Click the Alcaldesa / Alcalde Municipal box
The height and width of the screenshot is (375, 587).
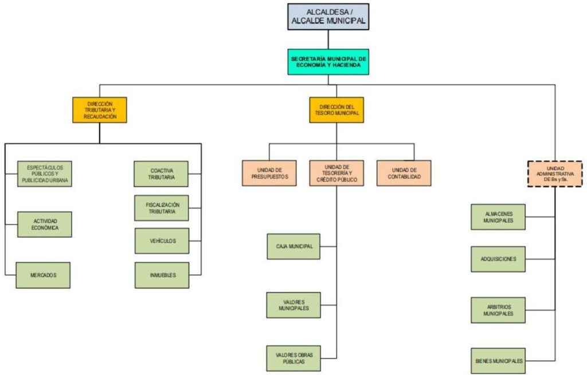point(328,17)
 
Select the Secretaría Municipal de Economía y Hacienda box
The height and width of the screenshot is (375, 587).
point(328,62)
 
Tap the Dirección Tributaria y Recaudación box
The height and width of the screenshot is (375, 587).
point(100,110)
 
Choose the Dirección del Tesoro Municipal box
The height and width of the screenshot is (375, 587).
point(336,110)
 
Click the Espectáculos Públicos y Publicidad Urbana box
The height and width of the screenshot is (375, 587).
point(45,174)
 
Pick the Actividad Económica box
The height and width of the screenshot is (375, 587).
point(45,224)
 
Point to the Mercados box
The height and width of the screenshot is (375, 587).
point(43,275)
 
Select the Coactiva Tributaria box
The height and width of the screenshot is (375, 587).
point(161,174)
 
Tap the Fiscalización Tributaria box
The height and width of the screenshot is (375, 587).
point(162,208)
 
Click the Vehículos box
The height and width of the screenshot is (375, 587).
point(162,241)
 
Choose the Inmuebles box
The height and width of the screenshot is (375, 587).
point(162,275)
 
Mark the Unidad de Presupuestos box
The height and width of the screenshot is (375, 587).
point(269,173)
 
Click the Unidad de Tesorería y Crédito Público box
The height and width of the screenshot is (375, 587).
point(336,173)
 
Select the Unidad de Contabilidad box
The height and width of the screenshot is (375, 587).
point(404,173)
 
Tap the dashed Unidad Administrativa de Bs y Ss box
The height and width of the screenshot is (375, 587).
point(555,174)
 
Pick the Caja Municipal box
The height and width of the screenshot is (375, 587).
point(293,246)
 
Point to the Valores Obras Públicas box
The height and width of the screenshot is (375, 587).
point(293,358)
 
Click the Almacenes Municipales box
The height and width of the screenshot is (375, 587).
point(498,217)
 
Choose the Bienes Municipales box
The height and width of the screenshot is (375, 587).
point(498,361)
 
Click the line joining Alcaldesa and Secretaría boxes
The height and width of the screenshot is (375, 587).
point(328,40)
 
